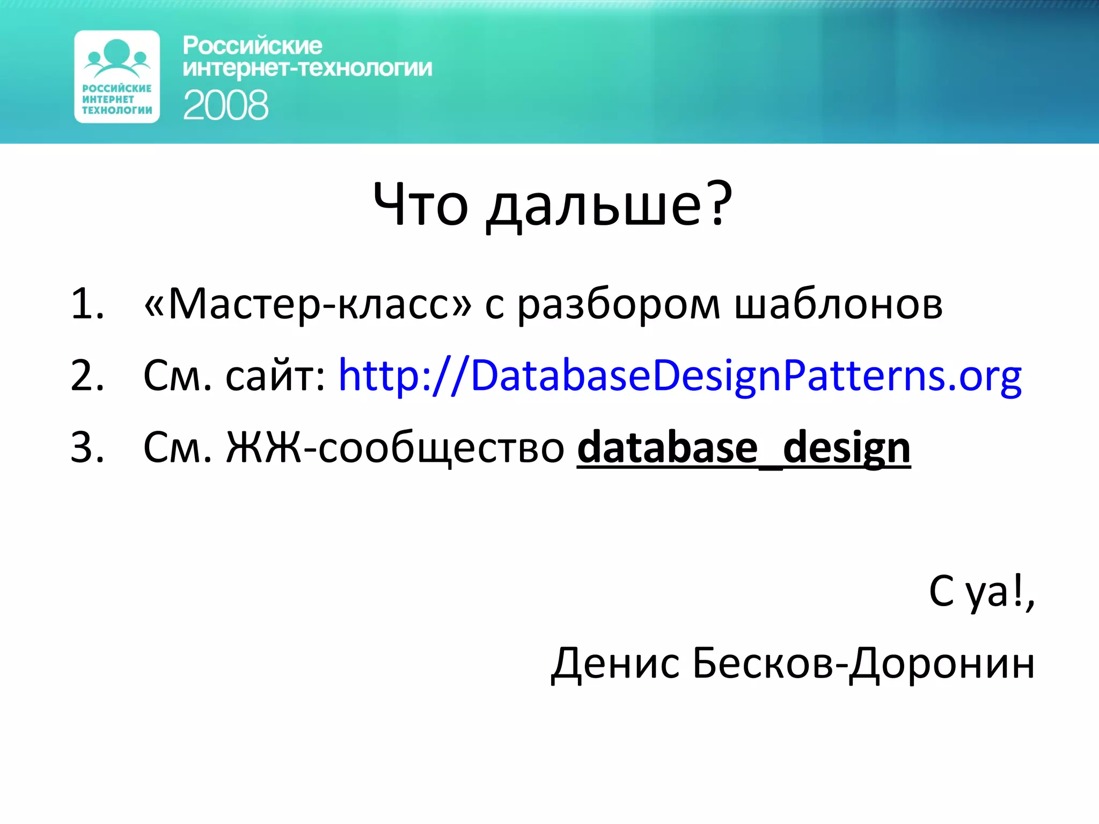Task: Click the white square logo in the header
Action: click(117, 76)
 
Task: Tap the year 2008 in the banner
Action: click(225, 105)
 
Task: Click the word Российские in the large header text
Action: click(252, 46)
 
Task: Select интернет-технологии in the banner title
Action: click(307, 69)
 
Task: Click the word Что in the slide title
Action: click(420, 205)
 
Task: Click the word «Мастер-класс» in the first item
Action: click(308, 304)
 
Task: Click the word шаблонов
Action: click(838, 304)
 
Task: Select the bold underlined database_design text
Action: click(744, 447)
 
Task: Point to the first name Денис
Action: click(616, 664)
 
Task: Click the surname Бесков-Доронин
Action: click(863, 664)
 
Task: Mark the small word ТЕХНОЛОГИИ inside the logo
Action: click(117, 110)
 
